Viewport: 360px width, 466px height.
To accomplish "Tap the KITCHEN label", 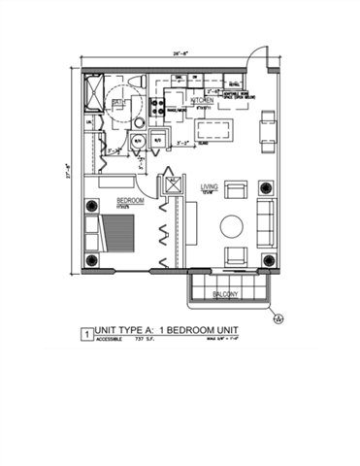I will (x=201, y=100).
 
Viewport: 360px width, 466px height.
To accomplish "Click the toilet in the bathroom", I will (x=138, y=124).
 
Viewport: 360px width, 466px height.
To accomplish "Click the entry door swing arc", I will (x=254, y=60).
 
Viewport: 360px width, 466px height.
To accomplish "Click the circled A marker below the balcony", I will (x=278, y=316).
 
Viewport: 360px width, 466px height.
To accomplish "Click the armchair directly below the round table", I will (x=234, y=257).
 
